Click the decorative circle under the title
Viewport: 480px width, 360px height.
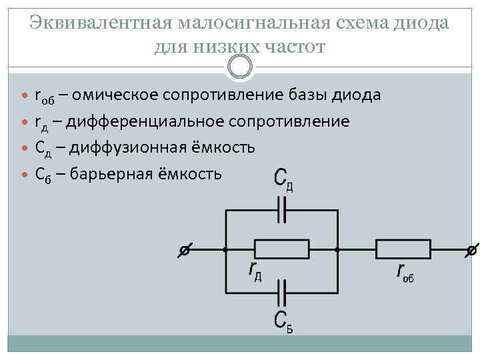click(240, 66)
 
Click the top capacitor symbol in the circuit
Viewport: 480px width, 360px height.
click(281, 212)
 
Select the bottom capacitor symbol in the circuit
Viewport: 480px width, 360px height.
click(281, 291)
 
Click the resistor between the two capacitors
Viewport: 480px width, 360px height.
click(281, 250)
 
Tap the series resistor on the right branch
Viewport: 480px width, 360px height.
click(403, 250)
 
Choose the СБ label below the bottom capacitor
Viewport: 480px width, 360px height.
click(283, 321)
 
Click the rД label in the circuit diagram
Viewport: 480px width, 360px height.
click(254, 270)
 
